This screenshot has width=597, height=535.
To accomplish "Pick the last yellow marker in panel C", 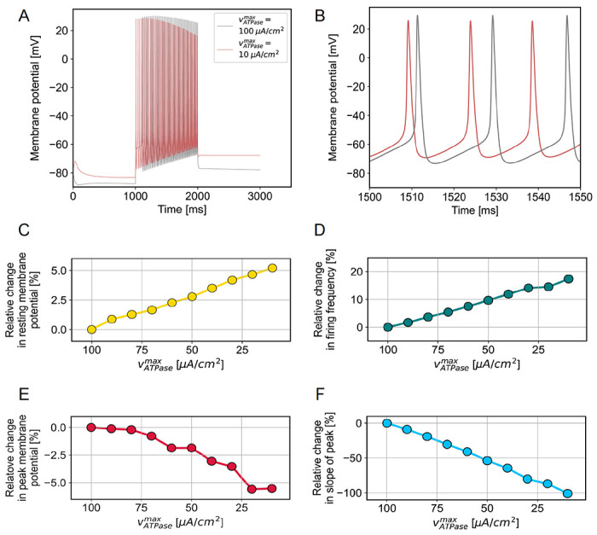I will (272, 268).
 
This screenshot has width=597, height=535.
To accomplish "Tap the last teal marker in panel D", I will (568, 279).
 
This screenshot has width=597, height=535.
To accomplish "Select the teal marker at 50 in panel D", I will (488, 300).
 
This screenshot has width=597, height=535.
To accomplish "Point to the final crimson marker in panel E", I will (272, 488).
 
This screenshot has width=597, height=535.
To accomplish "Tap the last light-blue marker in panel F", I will (567, 493).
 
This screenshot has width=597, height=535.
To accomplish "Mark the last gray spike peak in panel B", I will (567, 15).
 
